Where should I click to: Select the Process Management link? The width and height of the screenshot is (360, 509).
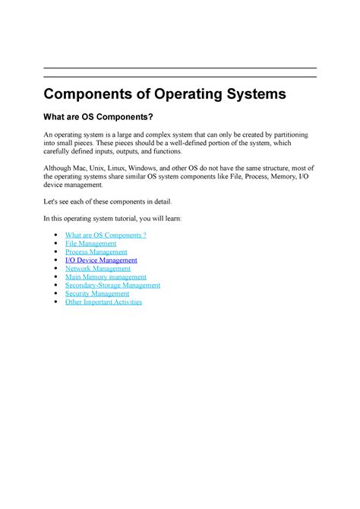tap(96, 251)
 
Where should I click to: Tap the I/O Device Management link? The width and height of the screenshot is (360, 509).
tap(101, 260)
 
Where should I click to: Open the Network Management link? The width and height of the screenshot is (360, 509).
tap(98, 268)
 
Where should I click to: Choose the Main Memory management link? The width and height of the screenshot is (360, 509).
tap(106, 277)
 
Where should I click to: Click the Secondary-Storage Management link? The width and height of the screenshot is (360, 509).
tap(112, 285)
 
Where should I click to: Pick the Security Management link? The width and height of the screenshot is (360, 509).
tap(97, 293)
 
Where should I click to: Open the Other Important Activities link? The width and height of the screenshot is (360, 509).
tap(103, 302)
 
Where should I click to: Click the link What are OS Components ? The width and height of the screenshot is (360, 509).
tap(106, 235)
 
